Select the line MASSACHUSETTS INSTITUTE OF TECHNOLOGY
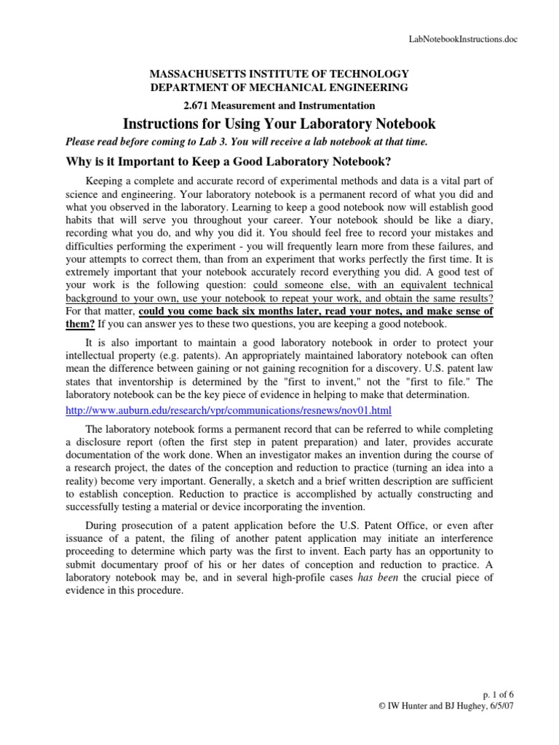[279, 73]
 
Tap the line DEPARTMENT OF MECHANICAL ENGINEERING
[279, 87]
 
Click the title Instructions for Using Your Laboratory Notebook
[279, 123]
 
